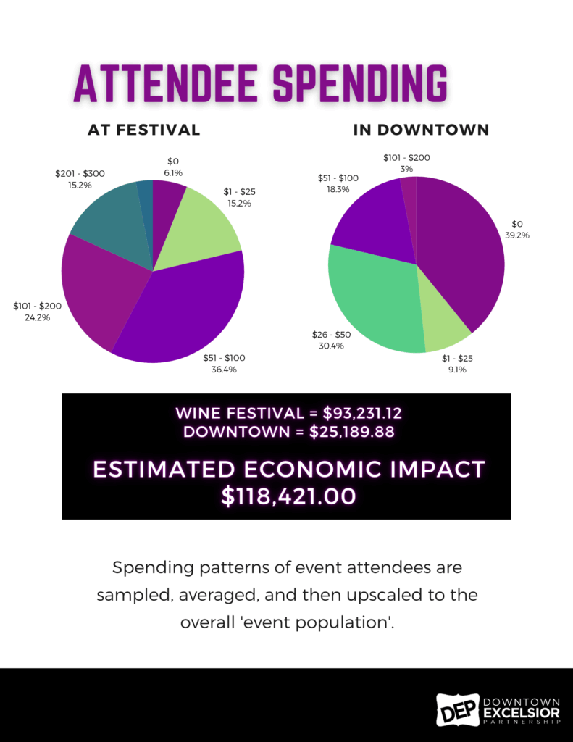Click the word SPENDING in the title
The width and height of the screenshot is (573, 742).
click(359, 85)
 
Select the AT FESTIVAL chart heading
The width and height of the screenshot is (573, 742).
click(143, 130)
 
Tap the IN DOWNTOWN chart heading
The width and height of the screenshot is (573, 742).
click(421, 130)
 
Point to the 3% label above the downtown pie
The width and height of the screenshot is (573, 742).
click(406, 168)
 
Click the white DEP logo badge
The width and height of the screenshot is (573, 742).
click(457, 709)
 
